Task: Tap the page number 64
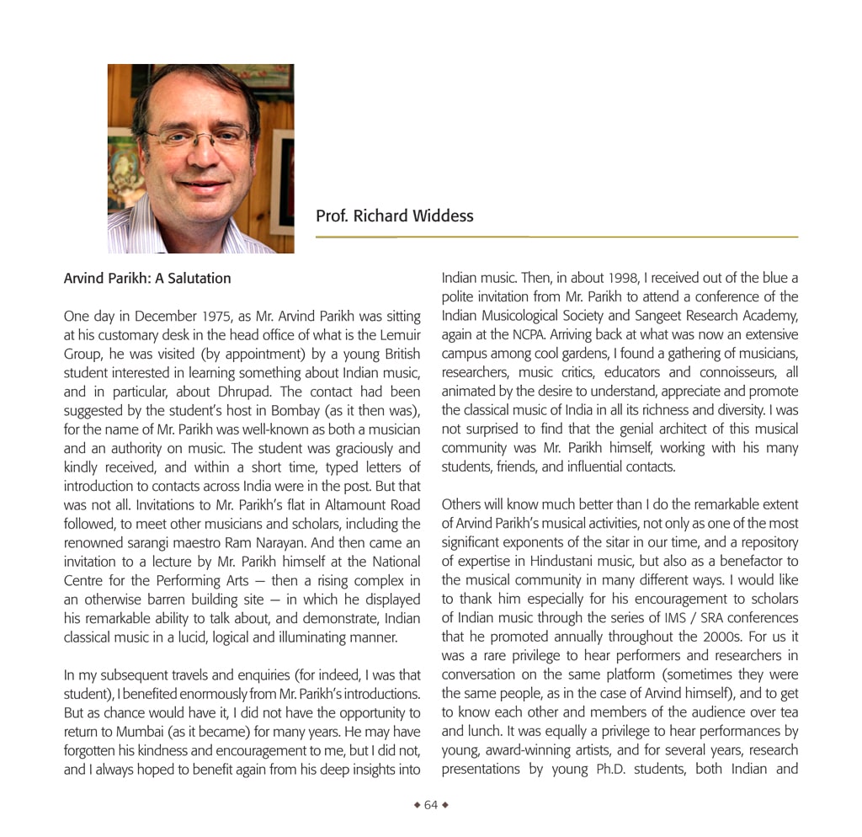coord(431,805)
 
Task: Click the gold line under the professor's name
coord(556,237)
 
